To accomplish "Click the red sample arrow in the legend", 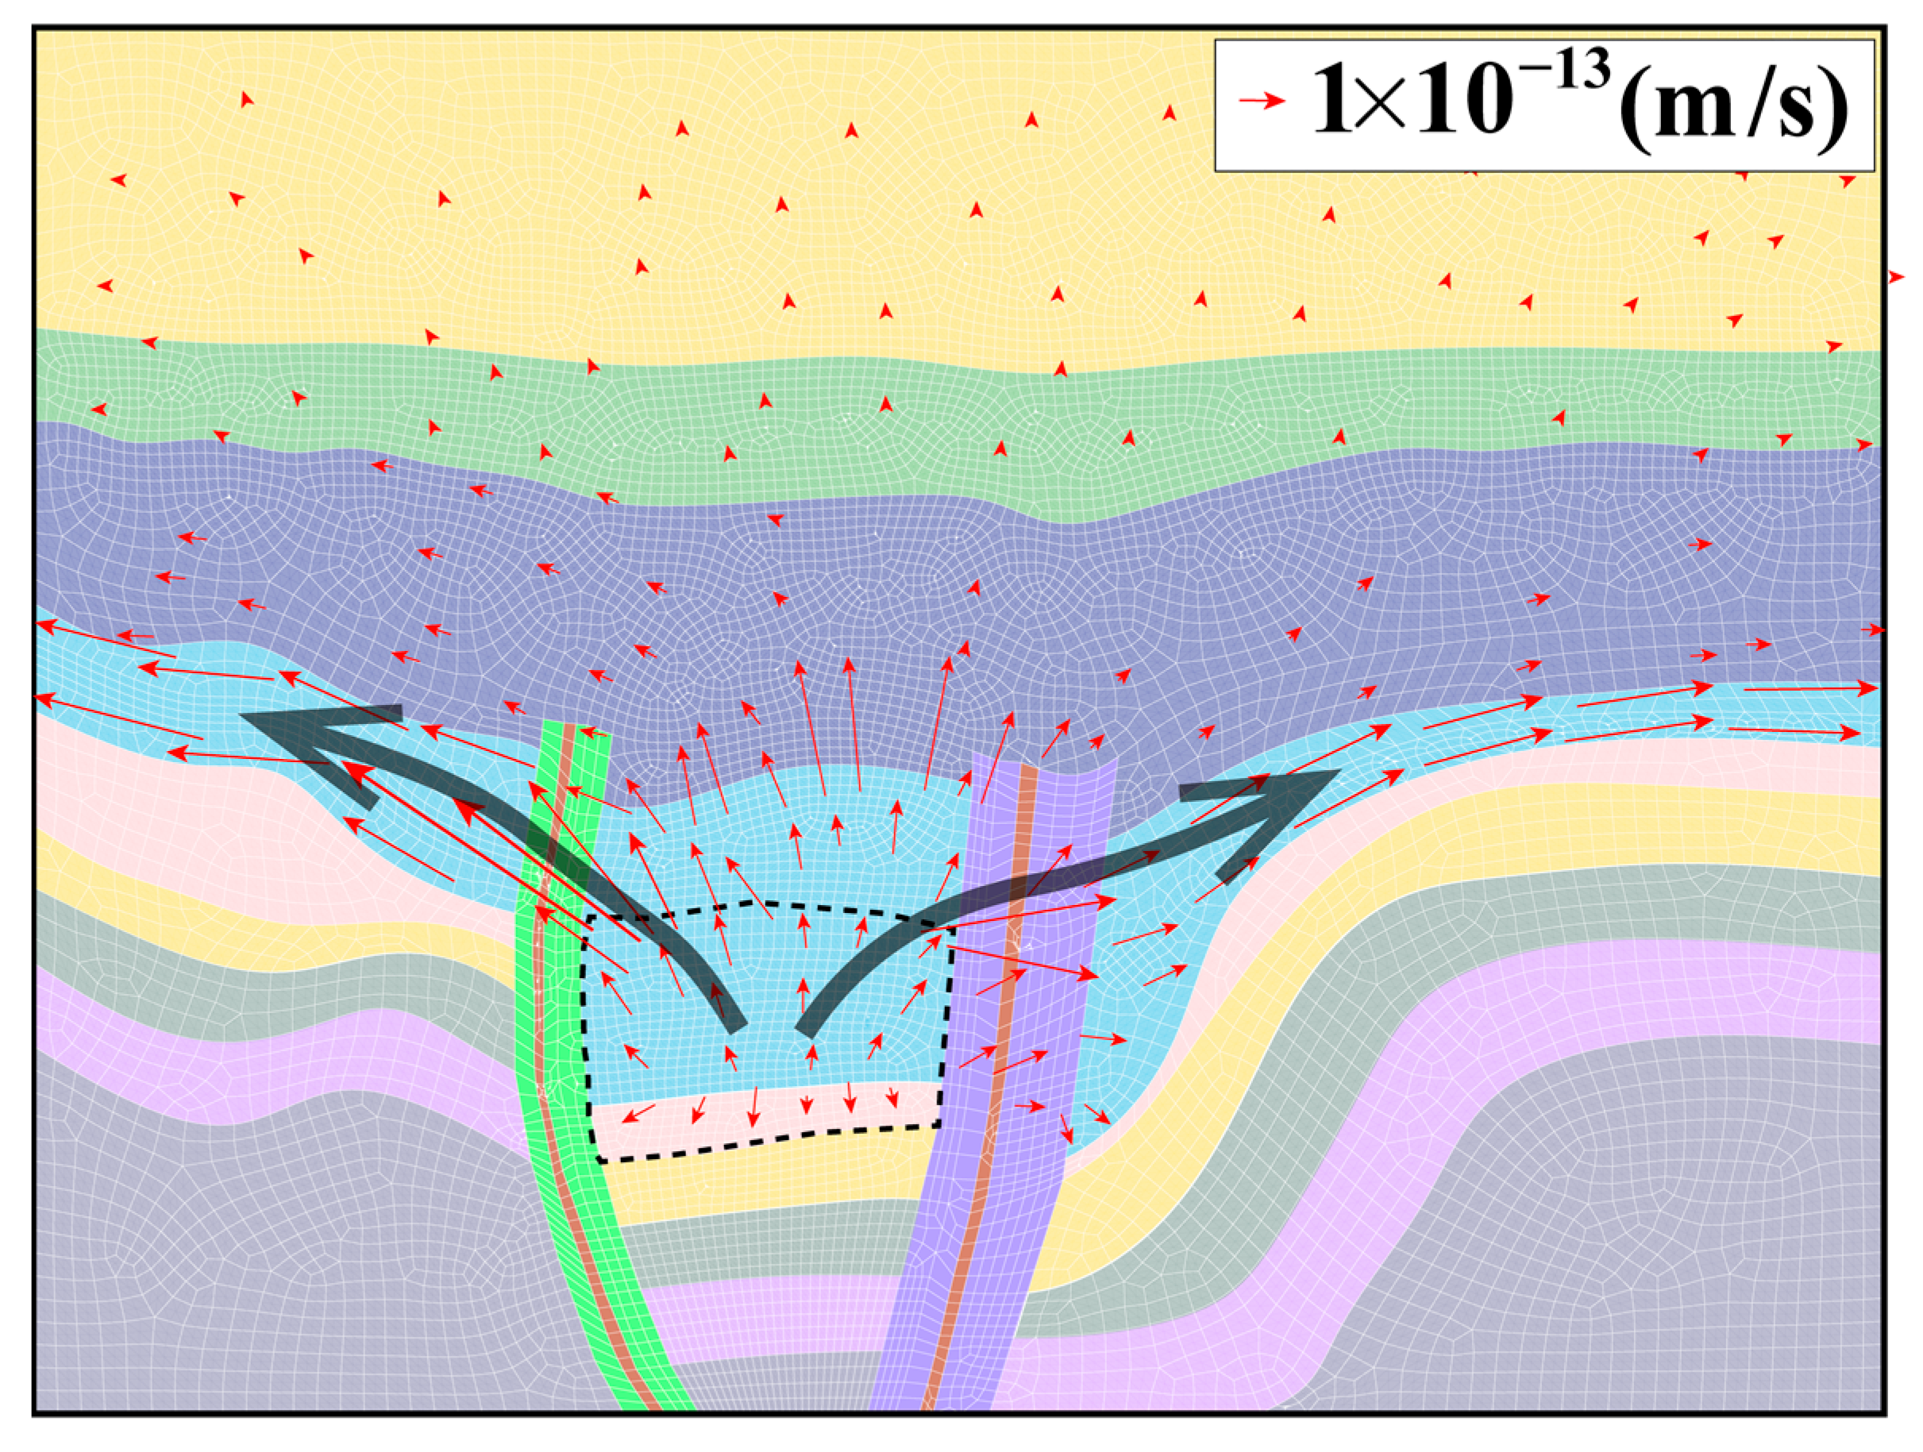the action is coord(1261,101).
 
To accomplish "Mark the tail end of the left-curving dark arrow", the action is coord(735,1026).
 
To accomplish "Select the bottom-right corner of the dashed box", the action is coord(939,1125).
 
